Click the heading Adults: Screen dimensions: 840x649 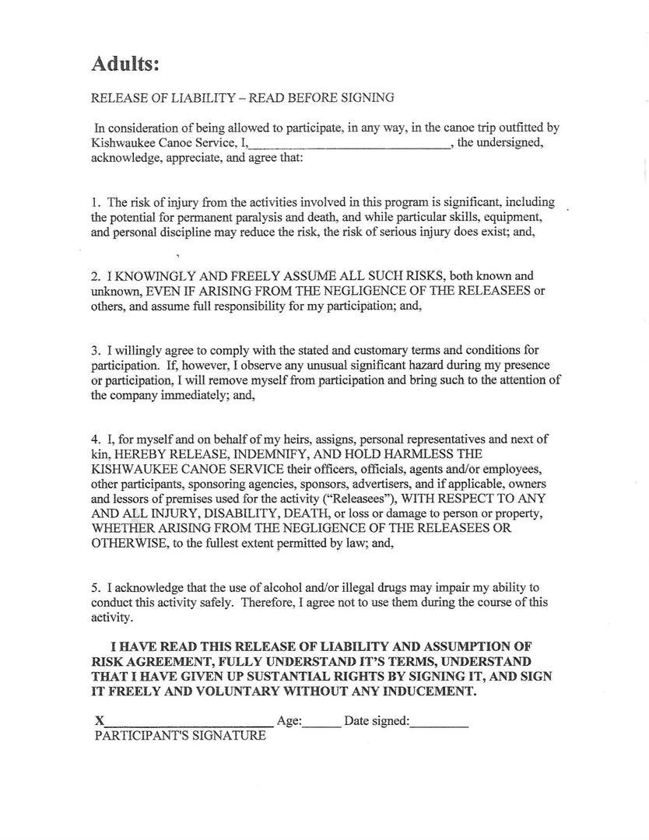[x=125, y=64]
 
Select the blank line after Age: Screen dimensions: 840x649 [x=321, y=723]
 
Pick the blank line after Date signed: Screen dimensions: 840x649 [x=439, y=723]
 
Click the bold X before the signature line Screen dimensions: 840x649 [x=100, y=721]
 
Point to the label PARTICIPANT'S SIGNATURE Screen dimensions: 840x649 [x=180, y=735]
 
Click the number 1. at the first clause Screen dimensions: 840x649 [x=96, y=202]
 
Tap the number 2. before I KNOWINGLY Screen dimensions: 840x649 [x=96, y=276]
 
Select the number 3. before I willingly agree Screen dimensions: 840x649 [x=96, y=350]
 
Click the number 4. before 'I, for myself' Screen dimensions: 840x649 [x=96, y=439]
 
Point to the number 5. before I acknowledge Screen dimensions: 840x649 [x=96, y=587]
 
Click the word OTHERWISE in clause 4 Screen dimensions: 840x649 [x=127, y=543]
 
